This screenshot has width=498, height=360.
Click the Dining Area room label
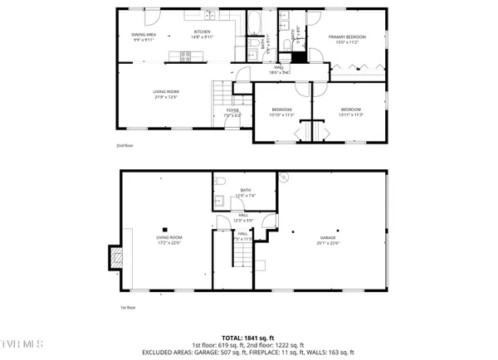(144, 36)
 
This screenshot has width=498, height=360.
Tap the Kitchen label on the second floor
(202, 34)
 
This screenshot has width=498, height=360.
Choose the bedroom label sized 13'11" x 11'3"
(350, 111)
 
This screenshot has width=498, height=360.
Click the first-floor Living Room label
(168, 241)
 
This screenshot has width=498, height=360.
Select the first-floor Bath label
(246, 192)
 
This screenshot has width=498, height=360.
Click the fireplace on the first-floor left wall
(115, 257)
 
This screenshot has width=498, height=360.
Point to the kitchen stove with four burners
(187, 56)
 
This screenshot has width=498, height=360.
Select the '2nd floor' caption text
(124, 146)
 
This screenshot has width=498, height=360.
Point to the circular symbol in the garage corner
(283, 177)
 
